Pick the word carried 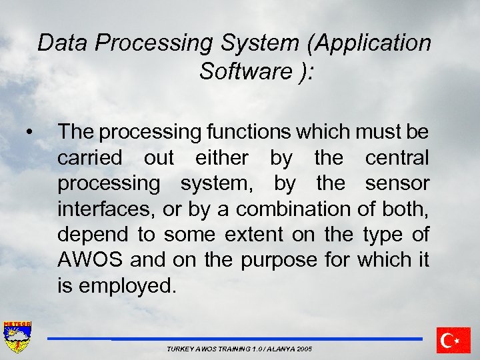(x=90, y=158)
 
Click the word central (x=397, y=158)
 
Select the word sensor (x=397, y=183)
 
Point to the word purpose (x=279, y=260)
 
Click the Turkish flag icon (x=454, y=340)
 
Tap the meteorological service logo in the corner (x=18, y=337)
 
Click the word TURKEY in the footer (x=179, y=349)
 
